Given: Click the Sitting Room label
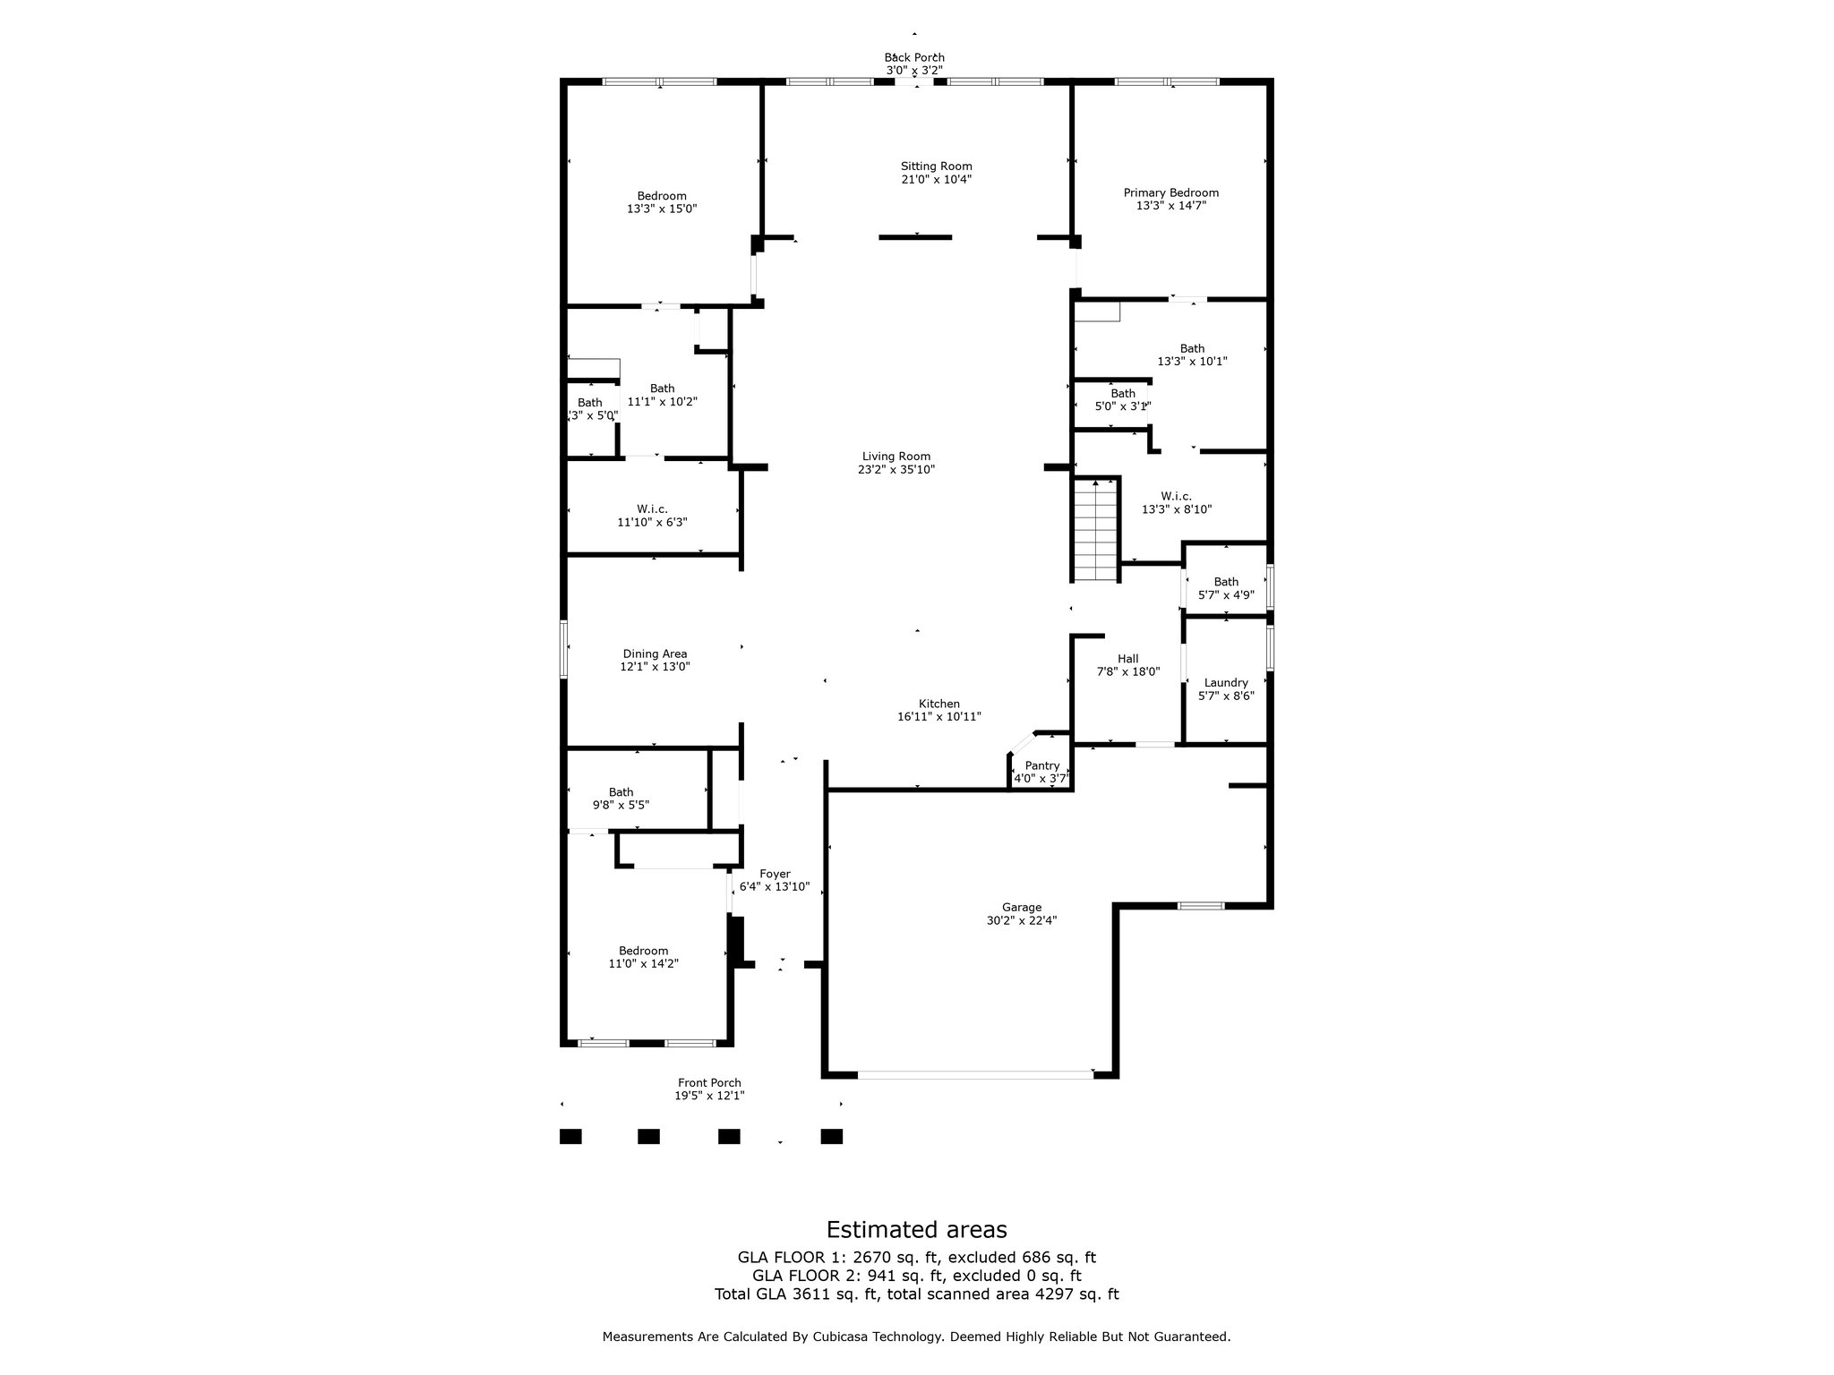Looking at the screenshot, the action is [936, 167].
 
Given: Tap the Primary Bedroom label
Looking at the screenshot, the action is [1170, 192].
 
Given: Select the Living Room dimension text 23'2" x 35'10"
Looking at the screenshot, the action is [896, 469].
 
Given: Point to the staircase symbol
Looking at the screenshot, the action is [1097, 529].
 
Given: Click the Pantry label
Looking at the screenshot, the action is [1042, 765].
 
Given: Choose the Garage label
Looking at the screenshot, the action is [1022, 907].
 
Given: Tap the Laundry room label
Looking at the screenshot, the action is [1226, 683].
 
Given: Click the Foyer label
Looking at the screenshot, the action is [775, 874].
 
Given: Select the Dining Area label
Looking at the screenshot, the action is [655, 654].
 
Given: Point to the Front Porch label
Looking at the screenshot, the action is [709, 1083].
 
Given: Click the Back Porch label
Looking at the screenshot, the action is [914, 57].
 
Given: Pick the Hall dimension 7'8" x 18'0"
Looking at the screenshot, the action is [1128, 671].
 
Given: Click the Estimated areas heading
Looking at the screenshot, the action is [916, 1229].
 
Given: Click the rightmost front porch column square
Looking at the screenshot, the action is [832, 1136].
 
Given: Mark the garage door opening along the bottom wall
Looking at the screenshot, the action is [975, 1073].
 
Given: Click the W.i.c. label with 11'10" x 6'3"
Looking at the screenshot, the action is [654, 508].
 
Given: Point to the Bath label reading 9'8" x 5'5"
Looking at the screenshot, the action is [621, 792].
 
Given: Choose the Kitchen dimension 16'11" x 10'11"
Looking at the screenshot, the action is [939, 717].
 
